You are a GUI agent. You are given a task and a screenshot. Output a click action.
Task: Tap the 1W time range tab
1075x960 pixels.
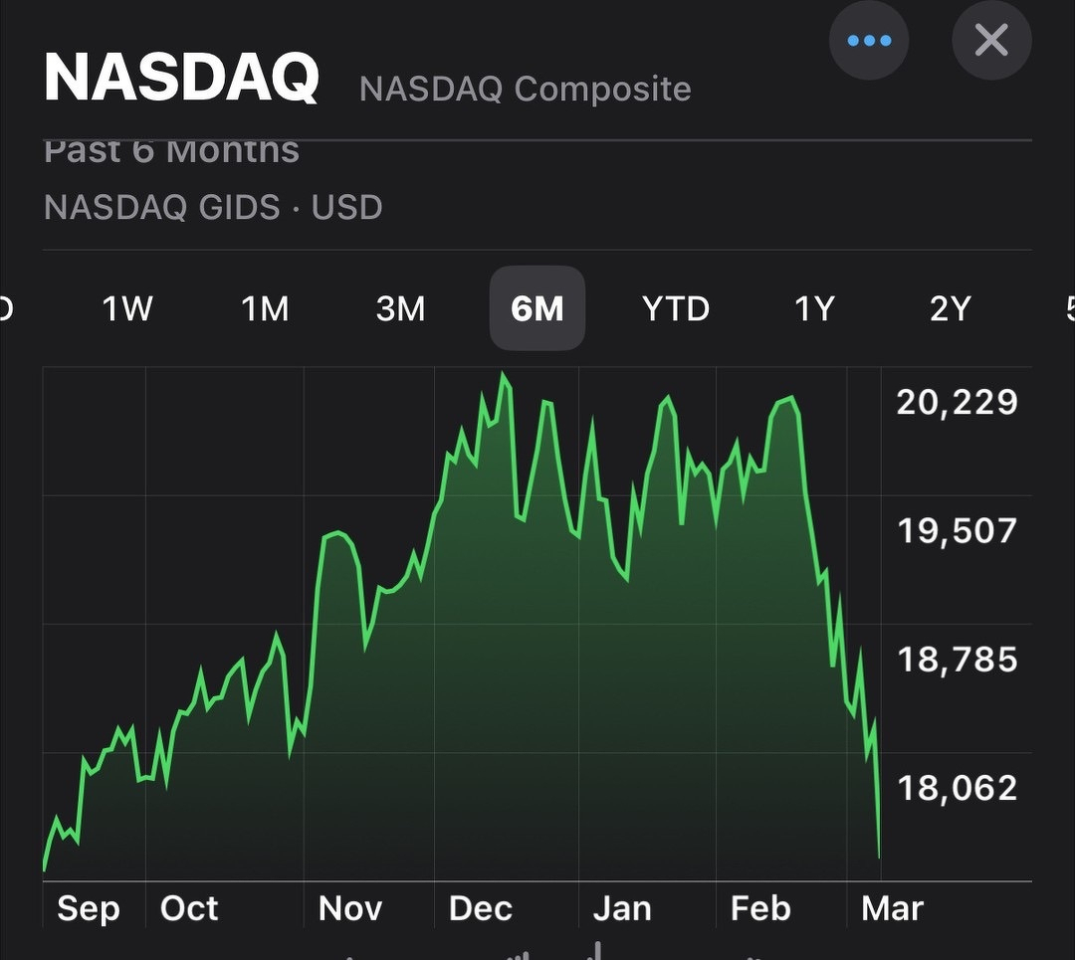(127, 309)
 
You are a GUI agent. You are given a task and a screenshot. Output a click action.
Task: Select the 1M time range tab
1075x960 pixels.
(265, 309)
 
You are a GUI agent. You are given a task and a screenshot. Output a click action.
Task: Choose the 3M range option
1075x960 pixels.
(400, 309)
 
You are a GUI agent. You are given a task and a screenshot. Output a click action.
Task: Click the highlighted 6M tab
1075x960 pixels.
(537, 309)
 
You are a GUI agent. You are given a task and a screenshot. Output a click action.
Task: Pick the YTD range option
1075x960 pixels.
(676, 309)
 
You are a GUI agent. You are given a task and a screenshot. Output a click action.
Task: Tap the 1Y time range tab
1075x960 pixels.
(813, 309)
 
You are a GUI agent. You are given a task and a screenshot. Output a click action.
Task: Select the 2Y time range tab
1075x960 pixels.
(950, 309)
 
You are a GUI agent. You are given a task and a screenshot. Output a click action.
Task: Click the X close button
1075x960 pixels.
(991, 41)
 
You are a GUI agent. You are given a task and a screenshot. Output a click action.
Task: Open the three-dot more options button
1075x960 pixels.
(869, 41)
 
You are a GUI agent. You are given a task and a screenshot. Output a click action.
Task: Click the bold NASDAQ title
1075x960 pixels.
(181, 78)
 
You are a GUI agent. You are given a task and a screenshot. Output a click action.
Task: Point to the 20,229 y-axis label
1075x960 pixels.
(957, 402)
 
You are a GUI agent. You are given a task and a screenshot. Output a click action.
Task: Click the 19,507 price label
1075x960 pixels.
(957, 530)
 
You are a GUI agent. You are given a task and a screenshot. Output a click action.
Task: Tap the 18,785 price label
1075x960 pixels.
(957, 659)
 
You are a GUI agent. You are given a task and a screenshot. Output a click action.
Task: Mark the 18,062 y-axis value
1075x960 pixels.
(957, 788)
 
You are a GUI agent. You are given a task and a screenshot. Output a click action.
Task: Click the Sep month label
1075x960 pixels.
(89, 908)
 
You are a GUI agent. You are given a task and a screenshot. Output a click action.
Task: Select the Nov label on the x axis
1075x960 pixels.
(350, 908)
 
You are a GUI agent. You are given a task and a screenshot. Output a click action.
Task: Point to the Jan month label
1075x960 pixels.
(622, 908)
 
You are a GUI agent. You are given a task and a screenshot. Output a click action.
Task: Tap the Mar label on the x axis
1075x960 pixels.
(892, 908)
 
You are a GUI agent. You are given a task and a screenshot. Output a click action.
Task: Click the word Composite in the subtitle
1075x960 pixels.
(603, 90)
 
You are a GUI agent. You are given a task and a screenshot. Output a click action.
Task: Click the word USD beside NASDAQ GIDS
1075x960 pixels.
(346, 208)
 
